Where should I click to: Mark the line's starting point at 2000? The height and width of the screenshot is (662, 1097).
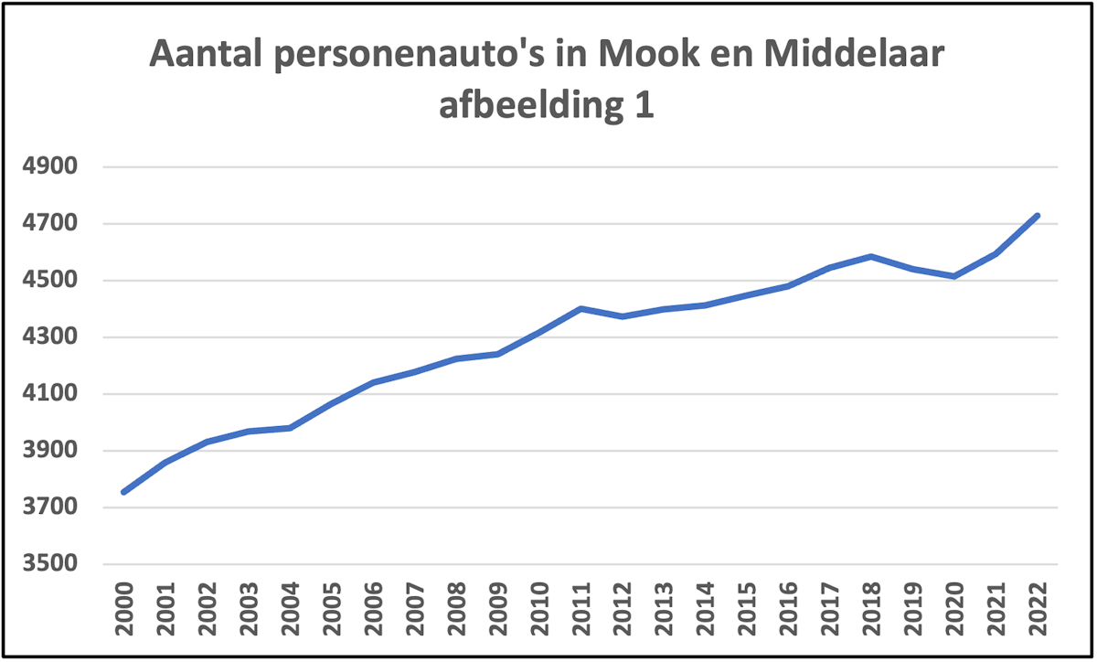coord(123,492)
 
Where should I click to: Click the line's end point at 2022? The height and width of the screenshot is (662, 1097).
coord(1038,216)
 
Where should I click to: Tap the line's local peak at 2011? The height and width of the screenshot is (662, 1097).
coord(580,309)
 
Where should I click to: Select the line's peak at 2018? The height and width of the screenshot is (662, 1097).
coord(871,256)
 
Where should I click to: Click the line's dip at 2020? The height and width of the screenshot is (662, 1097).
coord(954,276)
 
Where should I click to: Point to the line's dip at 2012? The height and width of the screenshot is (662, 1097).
coord(623,316)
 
